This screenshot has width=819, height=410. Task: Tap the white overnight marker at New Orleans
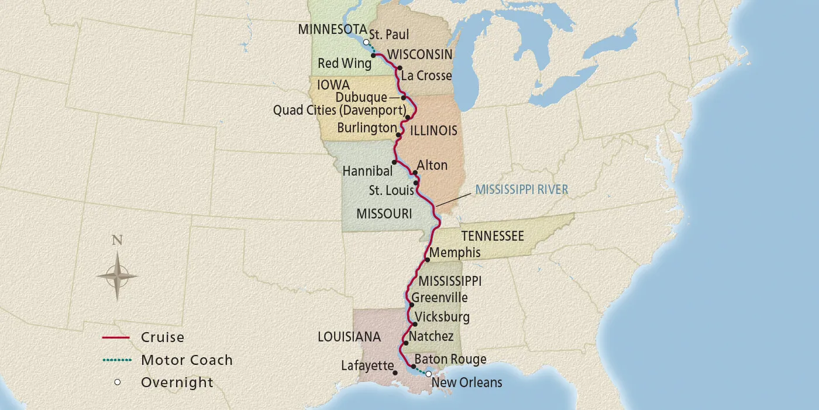(428, 374)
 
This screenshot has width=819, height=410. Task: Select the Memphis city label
(455, 253)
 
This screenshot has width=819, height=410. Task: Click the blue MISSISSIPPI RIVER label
(521, 189)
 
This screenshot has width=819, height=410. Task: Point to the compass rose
(118, 275)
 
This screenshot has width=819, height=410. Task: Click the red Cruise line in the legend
(115, 338)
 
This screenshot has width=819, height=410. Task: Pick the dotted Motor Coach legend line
(115, 360)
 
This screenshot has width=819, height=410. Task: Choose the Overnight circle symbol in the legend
(118, 382)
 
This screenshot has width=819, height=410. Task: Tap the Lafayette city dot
(395, 373)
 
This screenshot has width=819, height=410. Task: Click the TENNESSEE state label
(492, 235)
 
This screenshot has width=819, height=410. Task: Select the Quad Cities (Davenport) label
(340, 110)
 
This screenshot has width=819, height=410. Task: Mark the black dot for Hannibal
(394, 162)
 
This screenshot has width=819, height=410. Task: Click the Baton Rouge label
(450, 359)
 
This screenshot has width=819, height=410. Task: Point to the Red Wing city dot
(373, 56)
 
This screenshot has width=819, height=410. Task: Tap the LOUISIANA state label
(349, 337)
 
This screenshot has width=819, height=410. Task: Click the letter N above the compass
(118, 240)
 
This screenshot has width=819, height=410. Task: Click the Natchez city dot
(405, 343)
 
